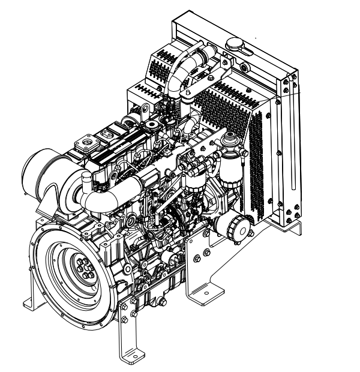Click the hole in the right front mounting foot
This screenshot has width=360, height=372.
pyautogui.click(x=206, y=295)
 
